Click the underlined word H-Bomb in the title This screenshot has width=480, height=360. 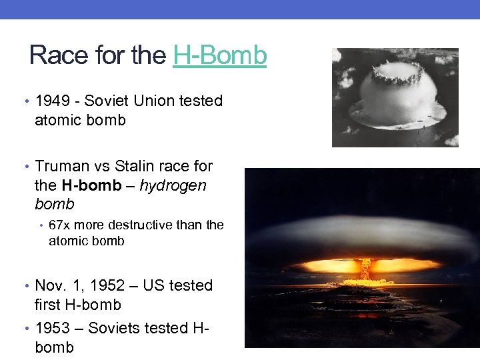click(x=219, y=55)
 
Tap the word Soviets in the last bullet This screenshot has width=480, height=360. click(x=114, y=328)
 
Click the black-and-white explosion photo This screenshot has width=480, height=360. click(x=395, y=97)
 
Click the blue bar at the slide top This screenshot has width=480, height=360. click(x=240, y=9)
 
